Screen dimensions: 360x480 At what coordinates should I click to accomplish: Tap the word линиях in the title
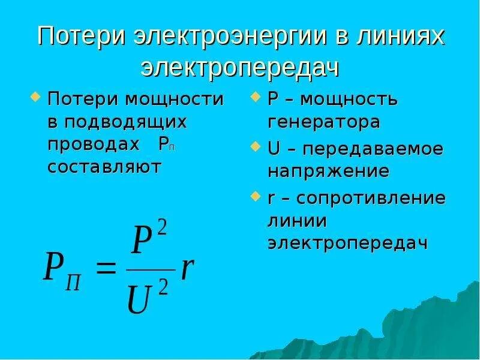pos(403,37)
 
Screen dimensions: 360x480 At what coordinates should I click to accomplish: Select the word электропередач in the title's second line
pos(240,68)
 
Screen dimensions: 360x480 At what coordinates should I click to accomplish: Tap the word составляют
pos(104,167)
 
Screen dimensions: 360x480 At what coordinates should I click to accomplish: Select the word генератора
pos(323,122)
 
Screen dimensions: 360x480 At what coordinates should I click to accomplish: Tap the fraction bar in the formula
pos(150,269)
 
